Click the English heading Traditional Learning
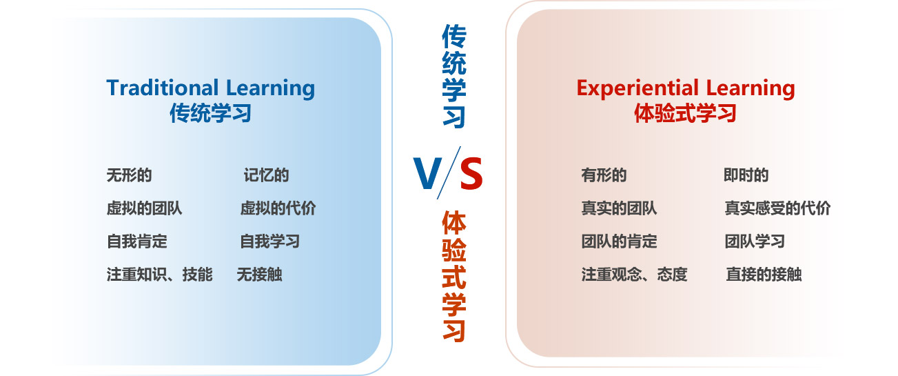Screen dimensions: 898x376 (x=210, y=88)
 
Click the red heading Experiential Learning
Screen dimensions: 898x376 (x=686, y=88)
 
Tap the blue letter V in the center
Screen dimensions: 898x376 (x=427, y=173)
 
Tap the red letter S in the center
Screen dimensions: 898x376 (x=471, y=173)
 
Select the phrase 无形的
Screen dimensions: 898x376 (x=129, y=175)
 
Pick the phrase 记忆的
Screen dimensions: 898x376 (x=266, y=175)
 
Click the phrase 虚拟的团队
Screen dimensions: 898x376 (x=144, y=208)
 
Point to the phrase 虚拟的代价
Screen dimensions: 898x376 (x=278, y=208)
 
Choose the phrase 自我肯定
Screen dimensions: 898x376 (x=136, y=241)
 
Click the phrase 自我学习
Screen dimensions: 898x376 (x=269, y=241)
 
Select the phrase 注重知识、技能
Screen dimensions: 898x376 (x=160, y=275)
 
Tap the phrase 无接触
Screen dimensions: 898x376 (x=259, y=275)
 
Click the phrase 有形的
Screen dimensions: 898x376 (x=604, y=175)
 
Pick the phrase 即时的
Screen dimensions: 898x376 (x=746, y=175)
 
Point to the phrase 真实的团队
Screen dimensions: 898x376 (x=619, y=208)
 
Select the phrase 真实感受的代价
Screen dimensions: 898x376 (x=777, y=208)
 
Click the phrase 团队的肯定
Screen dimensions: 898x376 (x=619, y=241)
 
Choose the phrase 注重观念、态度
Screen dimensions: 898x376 (x=634, y=275)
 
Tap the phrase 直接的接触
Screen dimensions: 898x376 (x=764, y=275)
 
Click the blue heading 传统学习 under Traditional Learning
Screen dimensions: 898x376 (x=210, y=113)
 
